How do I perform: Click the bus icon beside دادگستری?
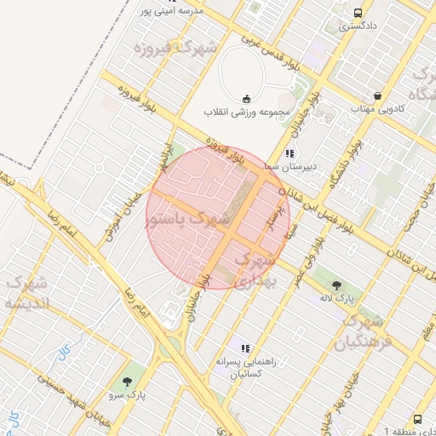(x=358, y=14)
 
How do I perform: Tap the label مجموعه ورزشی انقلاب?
(x=247, y=112)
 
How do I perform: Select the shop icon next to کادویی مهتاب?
(x=376, y=95)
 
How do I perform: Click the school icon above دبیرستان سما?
(x=290, y=154)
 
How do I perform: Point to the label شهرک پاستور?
(x=188, y=220)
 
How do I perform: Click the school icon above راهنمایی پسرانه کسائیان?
(x=246, y=348)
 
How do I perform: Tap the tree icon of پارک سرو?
(x=128, y=382)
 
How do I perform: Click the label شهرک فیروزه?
(x=175, y=47)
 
